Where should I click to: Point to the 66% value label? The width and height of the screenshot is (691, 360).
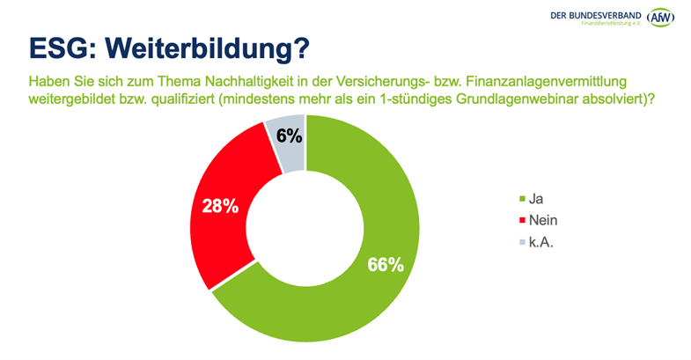[385, 264]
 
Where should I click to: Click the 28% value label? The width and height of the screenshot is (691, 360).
[221, 206]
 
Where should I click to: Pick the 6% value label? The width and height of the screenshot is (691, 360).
[289, 136]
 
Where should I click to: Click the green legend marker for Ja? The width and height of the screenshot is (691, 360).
[525, 200]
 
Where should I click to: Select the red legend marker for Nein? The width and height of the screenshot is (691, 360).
[525, 221]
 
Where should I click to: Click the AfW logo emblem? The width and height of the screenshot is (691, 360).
[660, 17]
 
